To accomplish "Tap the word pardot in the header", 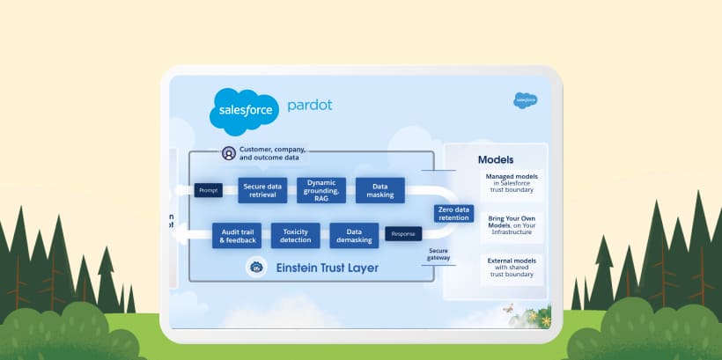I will [309, 106].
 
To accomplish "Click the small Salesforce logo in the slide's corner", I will [526, 100].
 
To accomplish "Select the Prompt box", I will [208, 189].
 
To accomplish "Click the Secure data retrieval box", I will [263, 190].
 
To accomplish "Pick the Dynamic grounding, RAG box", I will [321, 190].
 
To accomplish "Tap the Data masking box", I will [380, 190].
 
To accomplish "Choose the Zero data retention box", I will [453, 213].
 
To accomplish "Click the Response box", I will [403, 234].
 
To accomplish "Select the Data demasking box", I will [354, 235].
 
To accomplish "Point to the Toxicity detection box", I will [295, 235].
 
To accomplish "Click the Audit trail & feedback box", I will [237, 235].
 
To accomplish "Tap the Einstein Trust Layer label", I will [326, 267].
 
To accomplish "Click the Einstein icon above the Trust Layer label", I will [256, 267].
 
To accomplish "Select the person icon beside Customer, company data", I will [229, 153].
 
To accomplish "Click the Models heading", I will [496, 160].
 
